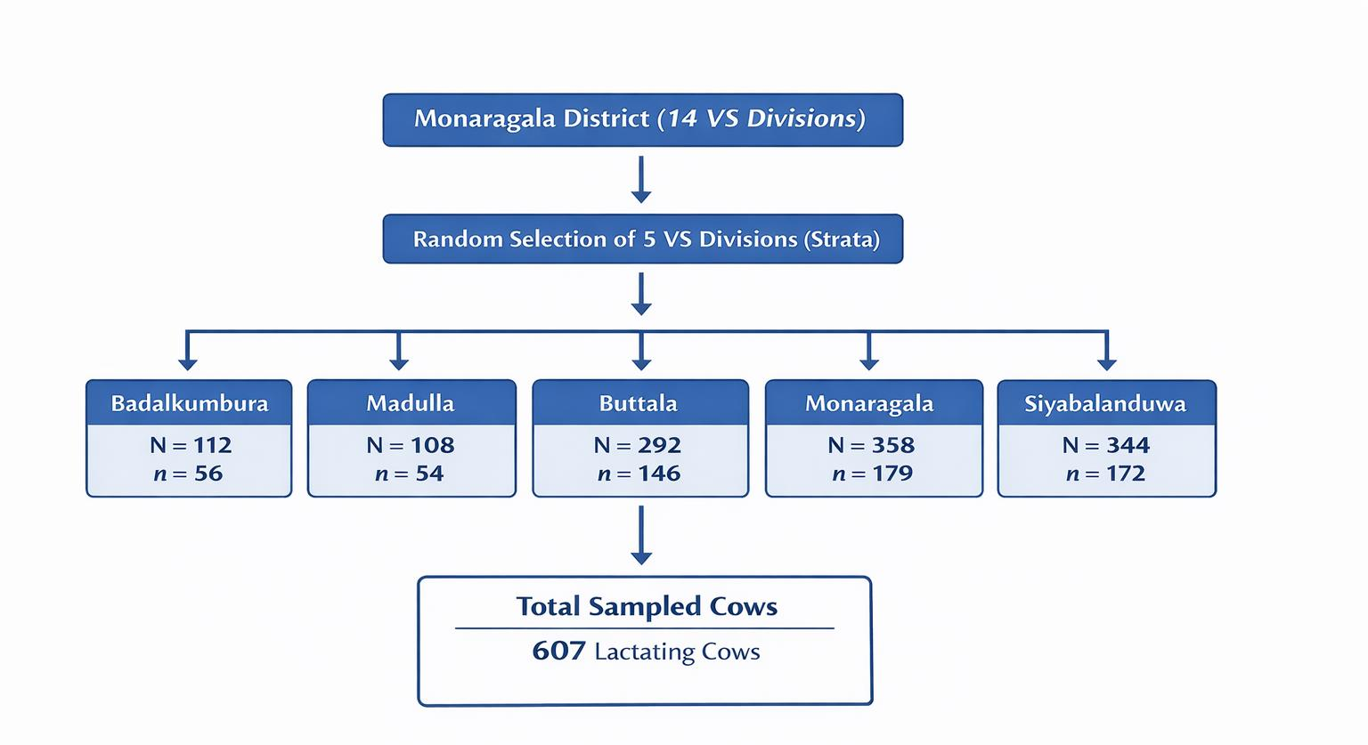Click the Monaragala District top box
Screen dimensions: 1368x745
pos(643,119)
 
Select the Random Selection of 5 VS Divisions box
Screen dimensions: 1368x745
pos(643,239)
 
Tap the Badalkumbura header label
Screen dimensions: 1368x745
pos(190,403)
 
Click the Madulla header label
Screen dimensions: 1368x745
pos(411,403)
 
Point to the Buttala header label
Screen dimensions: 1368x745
pos(639,403)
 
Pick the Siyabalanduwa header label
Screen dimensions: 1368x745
pos(1105,404)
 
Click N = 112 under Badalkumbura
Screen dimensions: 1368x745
pos(191,445)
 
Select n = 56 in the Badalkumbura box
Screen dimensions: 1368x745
pos(188,474)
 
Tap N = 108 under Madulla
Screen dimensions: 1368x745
pos(411,445)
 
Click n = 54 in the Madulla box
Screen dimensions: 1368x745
pos(409,474)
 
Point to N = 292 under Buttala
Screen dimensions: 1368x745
pos(638,445)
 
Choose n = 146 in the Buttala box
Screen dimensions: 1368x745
pos(639,474)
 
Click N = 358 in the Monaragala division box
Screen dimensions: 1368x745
pos(872,445)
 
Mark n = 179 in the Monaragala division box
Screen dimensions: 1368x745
pos(872,474)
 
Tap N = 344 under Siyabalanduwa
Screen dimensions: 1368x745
pos(1106,445)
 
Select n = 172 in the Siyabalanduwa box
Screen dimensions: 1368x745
pos(1105,474)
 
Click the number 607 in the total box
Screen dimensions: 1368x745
pos(558,651)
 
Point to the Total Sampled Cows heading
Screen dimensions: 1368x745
pos(647,606)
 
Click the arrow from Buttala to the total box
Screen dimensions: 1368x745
pos(641,536)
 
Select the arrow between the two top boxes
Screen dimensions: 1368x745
pos(641,180)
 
